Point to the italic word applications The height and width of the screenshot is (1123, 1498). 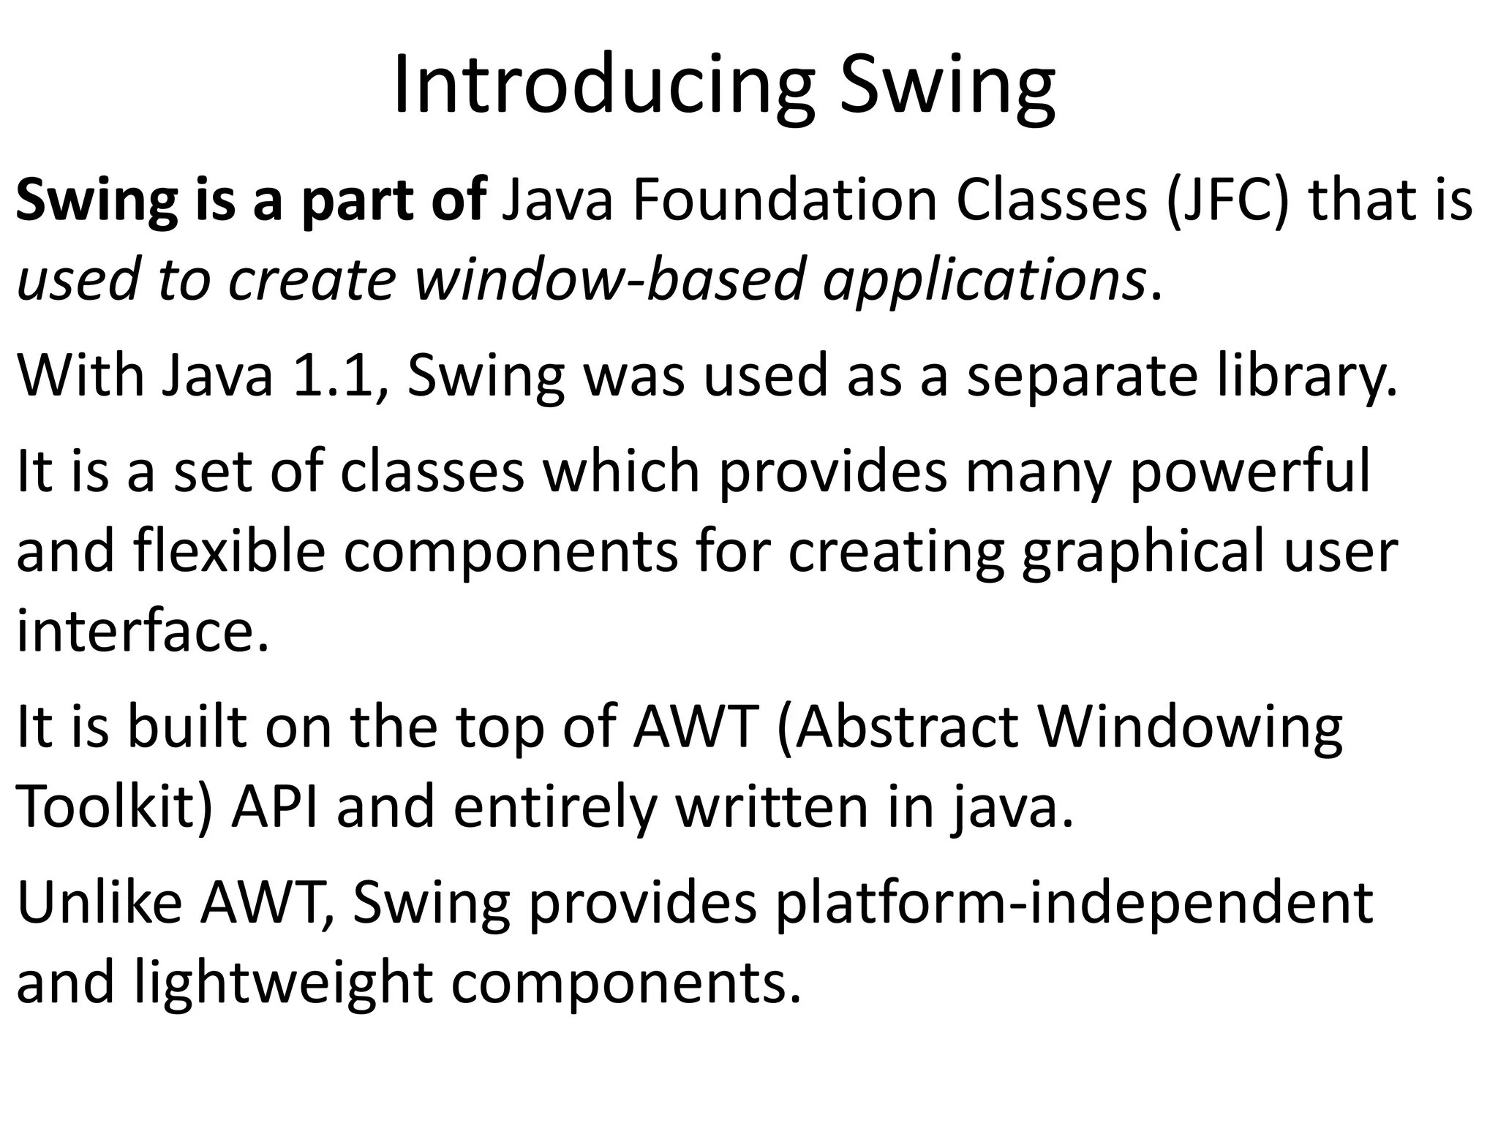[x=984, y=281]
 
